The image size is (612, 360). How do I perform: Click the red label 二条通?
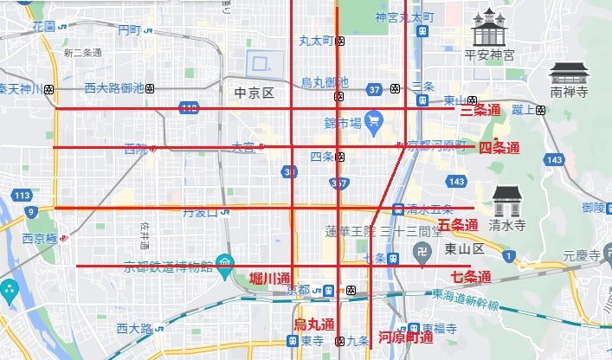pos(480,110)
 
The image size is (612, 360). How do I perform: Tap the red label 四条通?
pos(499,148)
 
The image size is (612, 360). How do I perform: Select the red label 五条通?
pos(458,225)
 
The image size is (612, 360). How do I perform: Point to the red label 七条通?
pos(471,278)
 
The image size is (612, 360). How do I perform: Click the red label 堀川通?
pos(268,278)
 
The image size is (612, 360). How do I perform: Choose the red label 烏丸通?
pos(313,325)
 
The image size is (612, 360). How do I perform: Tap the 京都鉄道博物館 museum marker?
pos(224,260)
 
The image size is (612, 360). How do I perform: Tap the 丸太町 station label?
pos(317,40)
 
